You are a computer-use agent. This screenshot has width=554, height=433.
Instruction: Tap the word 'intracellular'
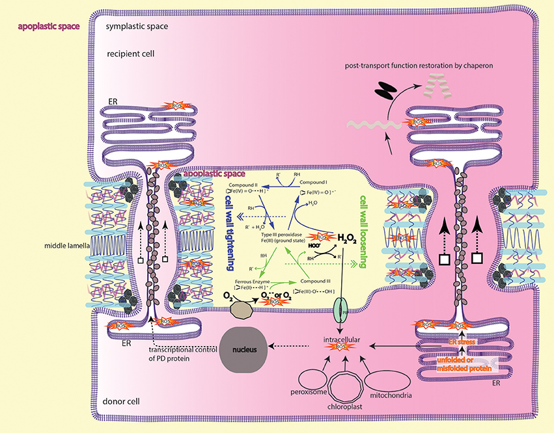pyautogui.click(x=344, y=339)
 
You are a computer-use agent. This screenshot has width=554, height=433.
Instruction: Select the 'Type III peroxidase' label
pyautogui.click(x=279, y=233)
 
